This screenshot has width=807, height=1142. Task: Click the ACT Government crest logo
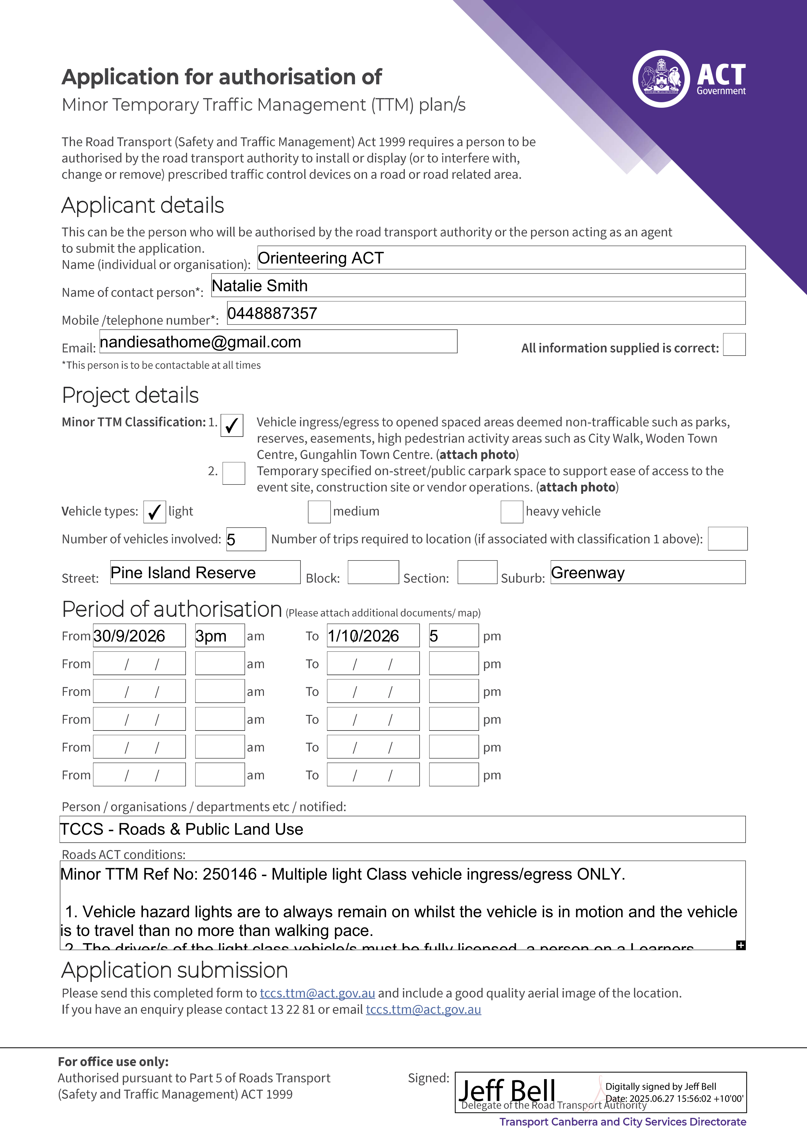tap(661, 79)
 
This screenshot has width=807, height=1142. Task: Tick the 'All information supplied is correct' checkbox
tap(734, 345)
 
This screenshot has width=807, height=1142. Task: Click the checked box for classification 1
tap(232, 425)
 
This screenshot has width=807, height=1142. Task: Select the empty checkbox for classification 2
tap(234, 473)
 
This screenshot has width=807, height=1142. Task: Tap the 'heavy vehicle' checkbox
tap(512, 512)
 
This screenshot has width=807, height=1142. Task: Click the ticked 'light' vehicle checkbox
tap(154, 512)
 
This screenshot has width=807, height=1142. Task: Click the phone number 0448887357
tap(272, 313)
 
